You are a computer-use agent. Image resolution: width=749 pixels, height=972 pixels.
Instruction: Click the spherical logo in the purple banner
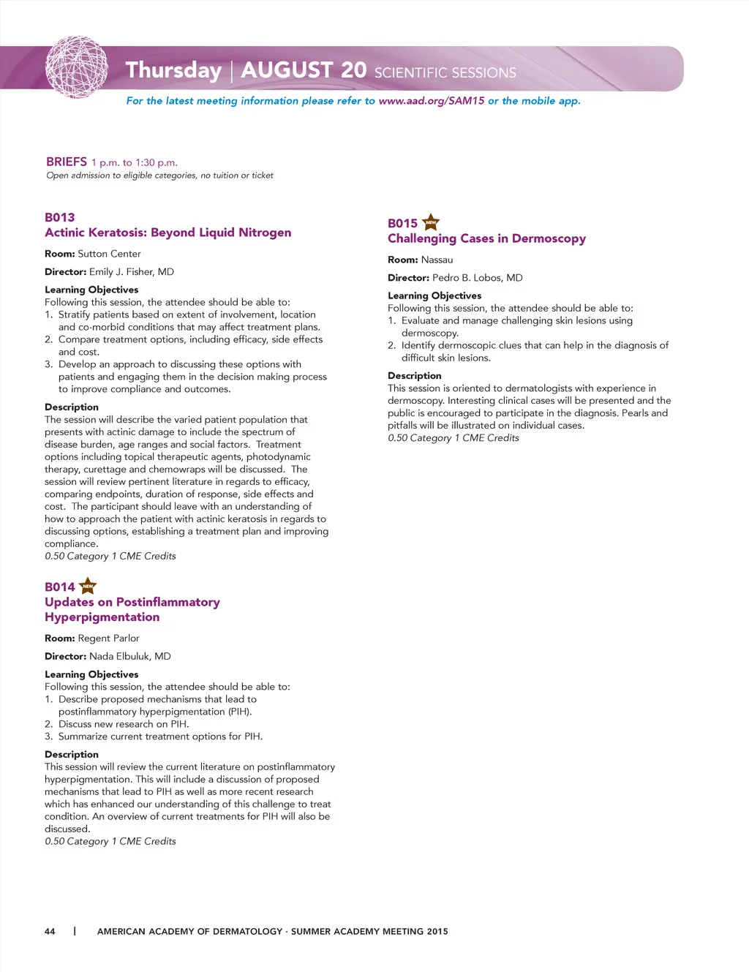77,68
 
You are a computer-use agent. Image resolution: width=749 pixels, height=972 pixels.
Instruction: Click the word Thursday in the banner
173,70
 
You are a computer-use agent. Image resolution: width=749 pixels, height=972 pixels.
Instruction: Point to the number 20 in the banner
353,69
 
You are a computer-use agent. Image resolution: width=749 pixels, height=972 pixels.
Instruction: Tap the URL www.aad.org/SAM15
432,101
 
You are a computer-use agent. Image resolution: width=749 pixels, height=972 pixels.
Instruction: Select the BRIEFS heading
67,162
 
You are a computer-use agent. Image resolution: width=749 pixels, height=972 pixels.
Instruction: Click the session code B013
60,217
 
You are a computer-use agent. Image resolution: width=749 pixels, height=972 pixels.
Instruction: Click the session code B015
402,223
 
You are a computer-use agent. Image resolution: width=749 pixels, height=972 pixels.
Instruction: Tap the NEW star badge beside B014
88,586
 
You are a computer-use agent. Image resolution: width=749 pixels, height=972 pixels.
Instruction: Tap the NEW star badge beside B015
431,222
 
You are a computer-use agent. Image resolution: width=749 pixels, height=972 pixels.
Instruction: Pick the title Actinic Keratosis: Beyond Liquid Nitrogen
168,233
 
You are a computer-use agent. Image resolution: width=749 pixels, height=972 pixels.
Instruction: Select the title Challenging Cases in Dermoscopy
486,238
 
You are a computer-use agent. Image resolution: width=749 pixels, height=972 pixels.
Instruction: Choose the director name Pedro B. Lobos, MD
477,278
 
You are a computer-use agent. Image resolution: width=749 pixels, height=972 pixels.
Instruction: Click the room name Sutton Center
109,254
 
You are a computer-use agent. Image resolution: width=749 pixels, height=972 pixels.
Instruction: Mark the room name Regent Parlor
108,638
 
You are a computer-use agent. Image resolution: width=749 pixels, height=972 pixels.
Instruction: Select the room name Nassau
437,260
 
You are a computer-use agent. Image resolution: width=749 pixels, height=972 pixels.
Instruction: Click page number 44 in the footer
50,931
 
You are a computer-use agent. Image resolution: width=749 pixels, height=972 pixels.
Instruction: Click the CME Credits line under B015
453,438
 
